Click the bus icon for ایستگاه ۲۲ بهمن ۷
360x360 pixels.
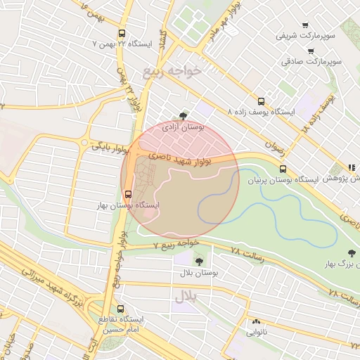(122, 33)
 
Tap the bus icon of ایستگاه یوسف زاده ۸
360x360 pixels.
(262, 101)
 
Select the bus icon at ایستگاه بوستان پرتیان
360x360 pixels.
(283, 169)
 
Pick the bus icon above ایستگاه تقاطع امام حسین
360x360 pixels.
(120, 308)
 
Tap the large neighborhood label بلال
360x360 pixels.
(184, 297)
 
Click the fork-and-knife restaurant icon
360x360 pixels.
(350, 167)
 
